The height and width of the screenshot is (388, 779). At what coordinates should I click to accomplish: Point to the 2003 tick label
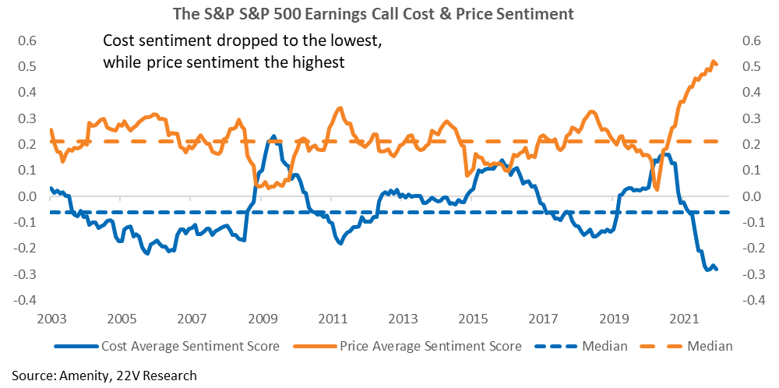coord(50,317)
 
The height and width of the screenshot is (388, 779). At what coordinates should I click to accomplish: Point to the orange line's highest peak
coord(713,62)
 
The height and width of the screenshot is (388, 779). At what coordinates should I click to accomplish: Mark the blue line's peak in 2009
coord(273,136)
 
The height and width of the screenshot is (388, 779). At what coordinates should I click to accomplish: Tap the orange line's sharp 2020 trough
coord(657,189)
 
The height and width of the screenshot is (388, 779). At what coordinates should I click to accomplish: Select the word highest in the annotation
coord(320,64)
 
